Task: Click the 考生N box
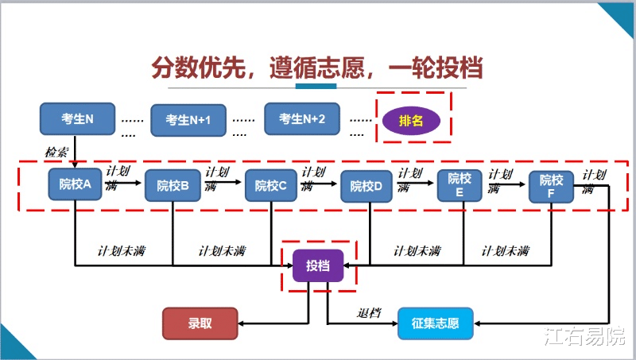77,119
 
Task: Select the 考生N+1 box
188,120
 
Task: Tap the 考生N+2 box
302,119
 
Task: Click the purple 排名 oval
412,120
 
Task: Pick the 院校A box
76,185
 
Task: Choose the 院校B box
173,186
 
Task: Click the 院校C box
271,186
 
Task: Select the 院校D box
368,187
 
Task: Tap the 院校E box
460,185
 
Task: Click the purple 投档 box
318,265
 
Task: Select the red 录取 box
200,323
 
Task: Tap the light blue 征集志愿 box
435,323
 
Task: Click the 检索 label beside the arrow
56,151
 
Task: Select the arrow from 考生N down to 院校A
76,151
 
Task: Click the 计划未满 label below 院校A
121,251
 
